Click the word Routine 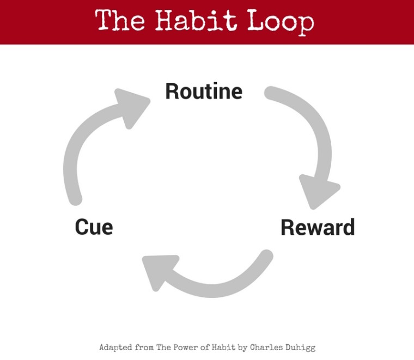[x=204, y=91]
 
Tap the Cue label [x=94, y=227]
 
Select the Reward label [x=318, y=227]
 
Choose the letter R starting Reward [x=287, y=227]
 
